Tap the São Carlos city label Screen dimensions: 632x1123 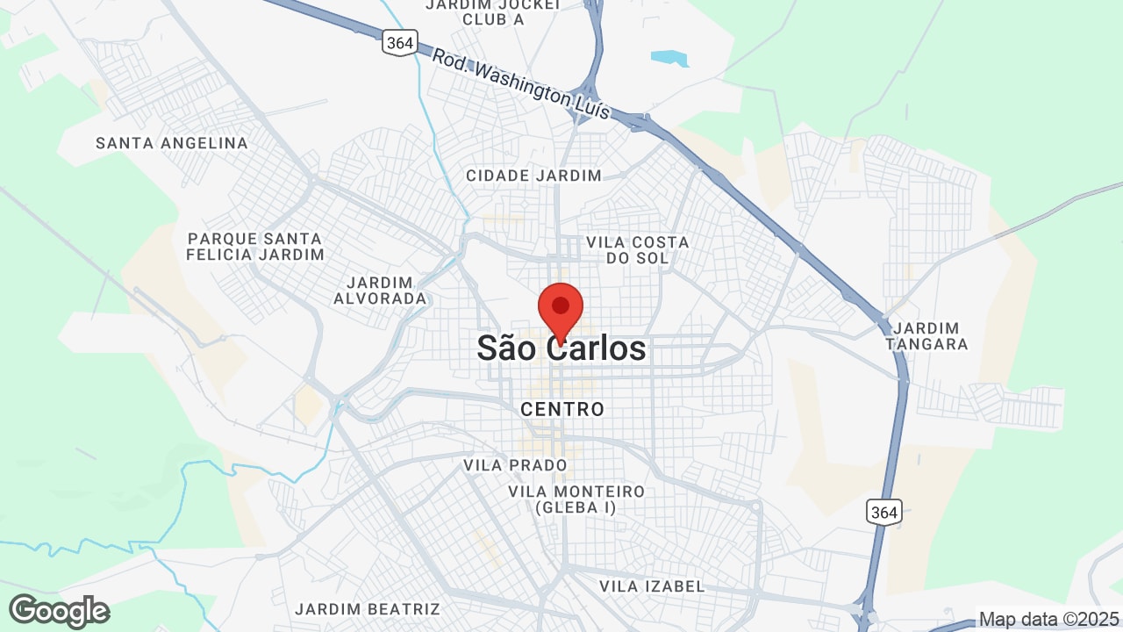click(x=561, y=348)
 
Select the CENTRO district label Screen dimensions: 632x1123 click(x=562, y=409)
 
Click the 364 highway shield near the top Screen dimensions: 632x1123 click(x=399, y=42)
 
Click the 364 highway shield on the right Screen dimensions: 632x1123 click(x=883, y=512)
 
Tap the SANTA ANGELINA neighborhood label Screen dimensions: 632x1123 click(x=172, y=143)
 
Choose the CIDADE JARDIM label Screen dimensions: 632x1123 click(x=533, y=176)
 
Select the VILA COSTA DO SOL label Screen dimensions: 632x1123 click(x=637, y=249)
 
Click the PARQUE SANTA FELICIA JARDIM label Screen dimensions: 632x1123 click(x=255, y=247)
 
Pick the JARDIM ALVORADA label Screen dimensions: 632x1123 click(x=380, y=291)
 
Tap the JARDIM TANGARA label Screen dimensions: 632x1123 click(x=926, y=336)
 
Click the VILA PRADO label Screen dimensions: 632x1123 click(x=515, y=465)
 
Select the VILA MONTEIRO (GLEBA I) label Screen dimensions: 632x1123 click(x=576, y=499)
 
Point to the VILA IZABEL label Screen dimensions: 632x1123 click(x=652, y=585)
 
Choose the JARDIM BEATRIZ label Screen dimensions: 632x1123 click(x=367, y=608)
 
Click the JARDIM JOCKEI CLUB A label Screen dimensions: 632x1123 click(x=492, y=11)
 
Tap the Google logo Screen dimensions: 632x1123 click(x=59, y=611)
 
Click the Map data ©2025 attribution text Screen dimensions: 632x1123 click(x=1049, y=620)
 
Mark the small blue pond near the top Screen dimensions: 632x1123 click(x=669, y=58)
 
